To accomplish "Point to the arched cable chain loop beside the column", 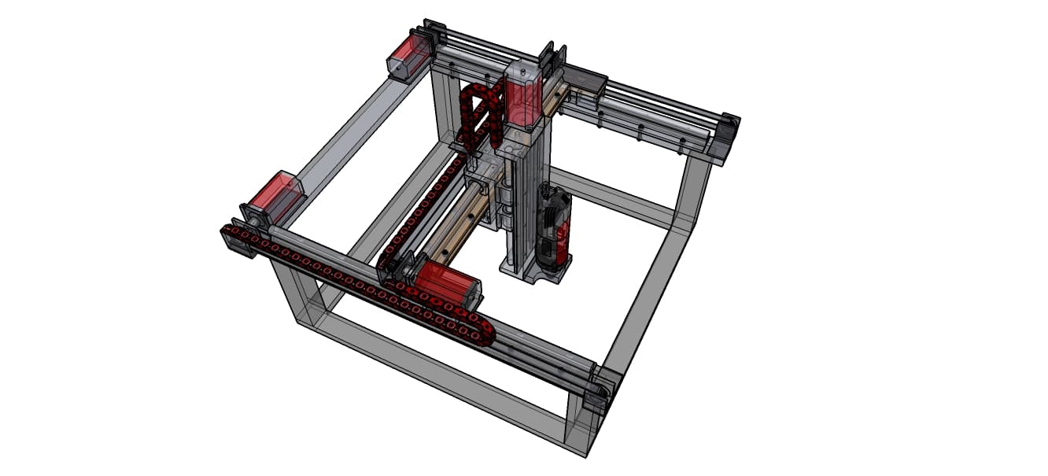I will (x=480, y=114).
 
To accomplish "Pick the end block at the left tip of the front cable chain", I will (x=232, y=237).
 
